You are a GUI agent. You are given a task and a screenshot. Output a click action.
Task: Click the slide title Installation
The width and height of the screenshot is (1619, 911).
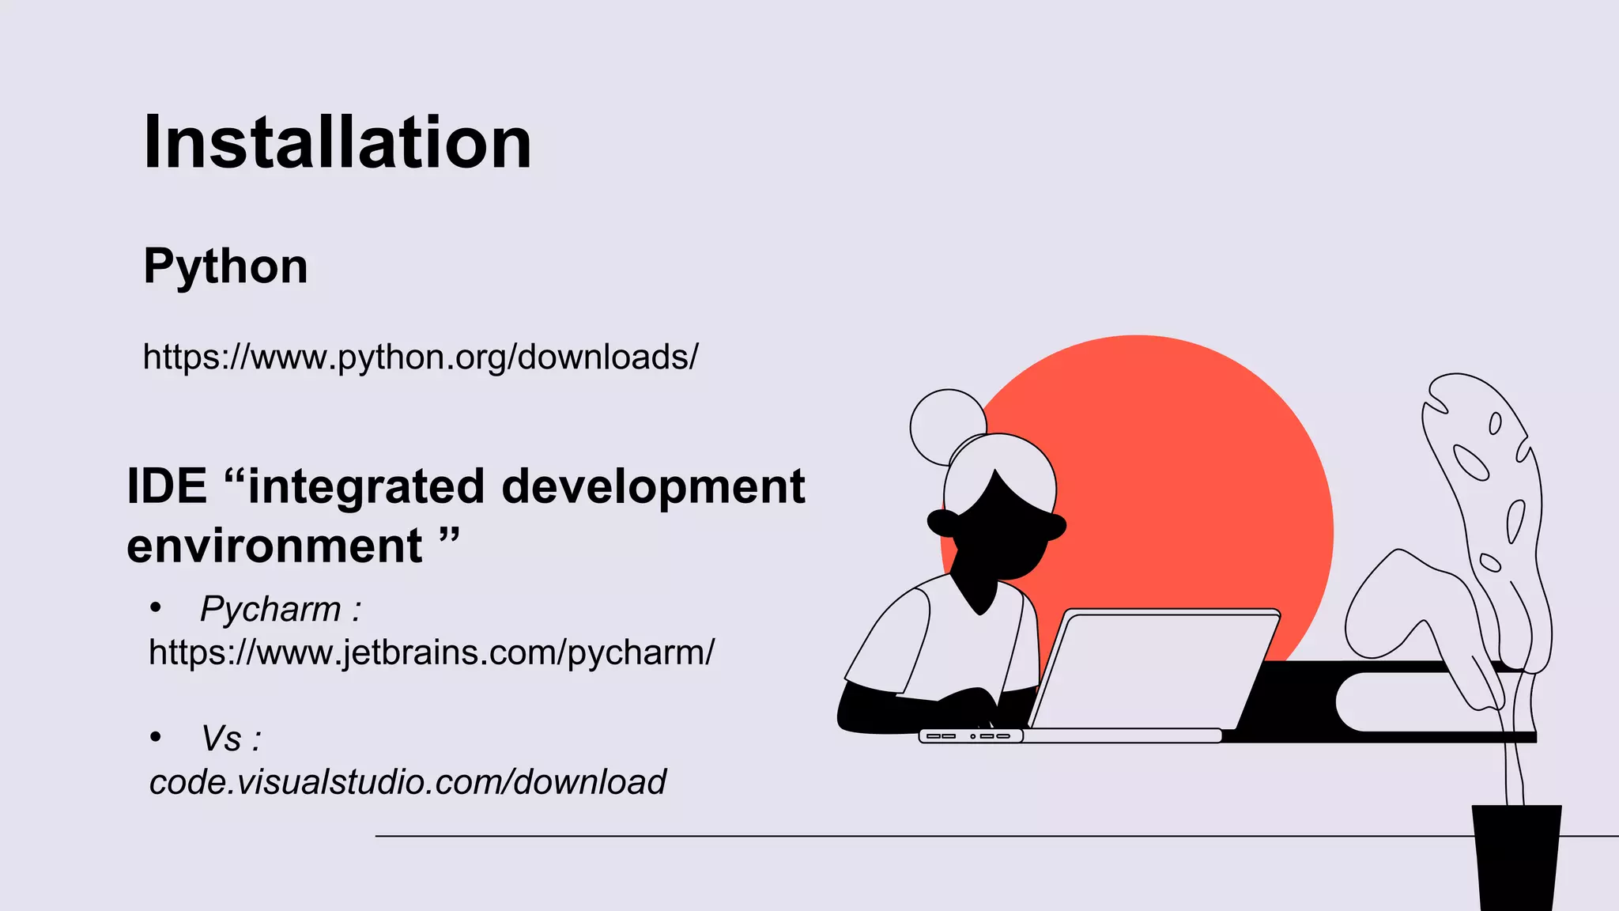coord(338,142)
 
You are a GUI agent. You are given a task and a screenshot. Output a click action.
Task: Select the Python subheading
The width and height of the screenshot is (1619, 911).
coord(225,266)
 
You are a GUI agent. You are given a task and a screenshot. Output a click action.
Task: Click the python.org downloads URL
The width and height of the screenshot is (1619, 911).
coord(421,357)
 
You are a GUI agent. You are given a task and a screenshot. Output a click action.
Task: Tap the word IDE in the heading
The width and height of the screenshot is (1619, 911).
coord(167,486)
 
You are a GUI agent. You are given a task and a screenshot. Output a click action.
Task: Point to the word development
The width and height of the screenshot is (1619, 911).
coord(653,486)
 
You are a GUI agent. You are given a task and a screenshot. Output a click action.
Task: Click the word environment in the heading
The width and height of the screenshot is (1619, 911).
coord(274,546)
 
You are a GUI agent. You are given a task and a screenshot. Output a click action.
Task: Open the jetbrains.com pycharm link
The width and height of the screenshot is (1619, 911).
coord(432,652)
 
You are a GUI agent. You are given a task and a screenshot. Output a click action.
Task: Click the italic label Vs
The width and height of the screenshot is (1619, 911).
coord(221,739)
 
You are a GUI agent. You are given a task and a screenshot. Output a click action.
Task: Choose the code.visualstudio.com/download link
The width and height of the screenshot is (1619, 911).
coord(408,782)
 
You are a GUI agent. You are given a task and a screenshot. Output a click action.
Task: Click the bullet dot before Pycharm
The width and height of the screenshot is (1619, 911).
coord(156,608)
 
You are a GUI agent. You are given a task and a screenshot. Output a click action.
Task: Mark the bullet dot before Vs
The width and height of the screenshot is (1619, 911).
coord(156,738)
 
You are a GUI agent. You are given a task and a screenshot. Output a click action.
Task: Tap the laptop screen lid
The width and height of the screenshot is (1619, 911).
coord(1154,668)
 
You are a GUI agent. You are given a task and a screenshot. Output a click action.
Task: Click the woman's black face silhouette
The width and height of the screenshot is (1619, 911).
coord(1000,538)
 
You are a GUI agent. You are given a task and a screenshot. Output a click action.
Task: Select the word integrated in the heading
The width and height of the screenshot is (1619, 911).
coord(366,486)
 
